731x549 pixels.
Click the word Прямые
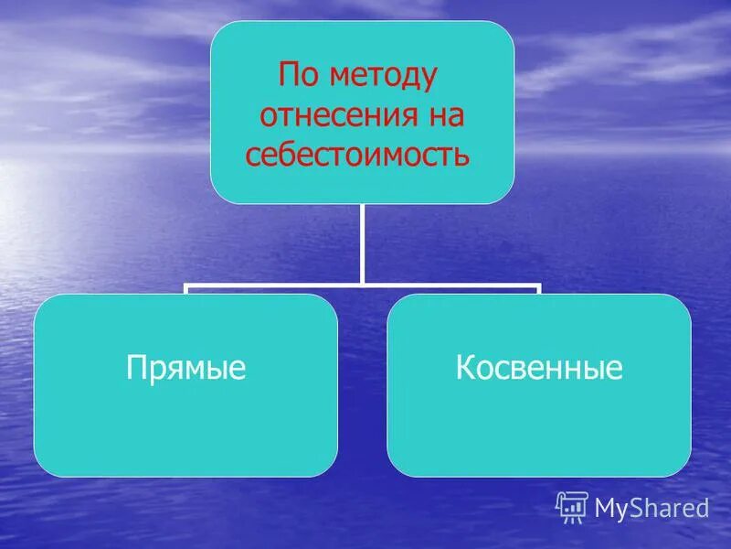pyautogui.click(x=185, y=368)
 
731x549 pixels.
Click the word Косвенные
pyautogui.click(x=538, y=368)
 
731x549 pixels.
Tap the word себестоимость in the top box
pyautogui.click(x=357, y=156)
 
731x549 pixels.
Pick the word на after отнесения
pyautogui.click(x=442, y=115)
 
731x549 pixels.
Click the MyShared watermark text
pyautogui.click(x=652, y=507)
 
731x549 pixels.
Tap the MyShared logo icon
pyautogui.click(x=572, y=506)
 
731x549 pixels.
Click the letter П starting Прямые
pyautogui.click(x=134, y=368)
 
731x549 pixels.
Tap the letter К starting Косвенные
pyautogui.click(x=463, y=368)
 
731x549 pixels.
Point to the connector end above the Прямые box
pyautogui.click(x=186, y=290)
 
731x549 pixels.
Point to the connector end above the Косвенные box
pyautogui.click(x=539, y=290)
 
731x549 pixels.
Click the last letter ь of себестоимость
pyautogui.click(x=463, y=156)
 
